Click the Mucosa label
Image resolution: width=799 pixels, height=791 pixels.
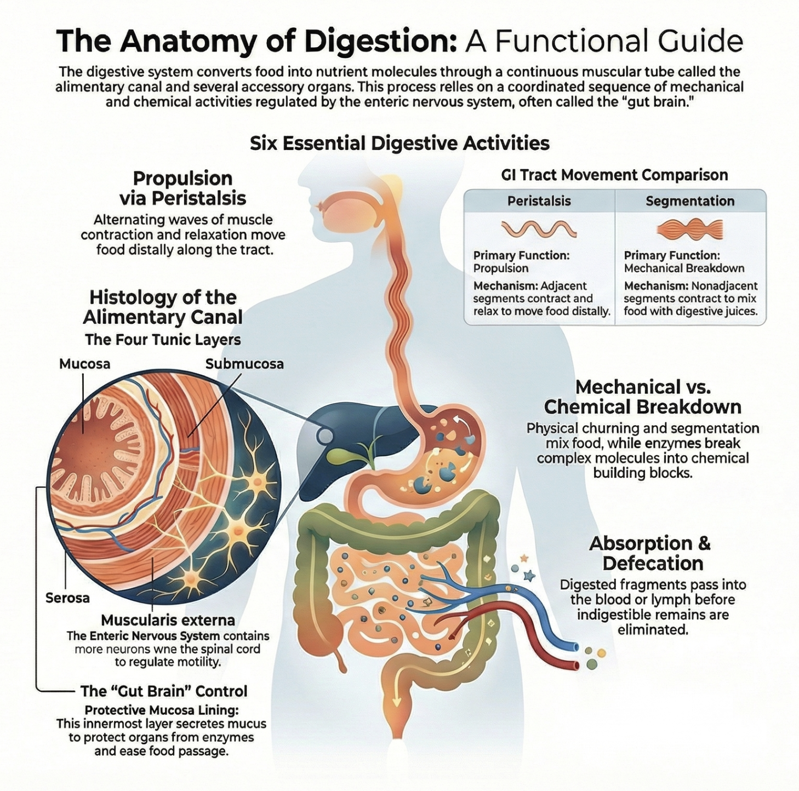pyautogui.click(x=84, y=364)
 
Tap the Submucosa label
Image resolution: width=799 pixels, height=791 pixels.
pyautogui.click(x=244, y=364)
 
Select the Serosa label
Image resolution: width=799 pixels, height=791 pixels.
pyautogui.click(x=67, y=598)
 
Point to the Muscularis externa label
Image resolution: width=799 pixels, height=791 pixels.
pyautogui.click(x=168, y=620)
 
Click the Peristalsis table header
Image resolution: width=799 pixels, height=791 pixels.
pyautogui.click(x=539, y=201)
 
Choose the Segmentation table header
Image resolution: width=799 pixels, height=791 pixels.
pyautogui.click(x=690, y=201)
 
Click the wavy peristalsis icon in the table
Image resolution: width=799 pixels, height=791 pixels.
pyautogui.click(x=539, y=229)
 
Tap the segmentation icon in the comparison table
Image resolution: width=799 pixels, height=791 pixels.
pyautogui.click(x=690, y=229)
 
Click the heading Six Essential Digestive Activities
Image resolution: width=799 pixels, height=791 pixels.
pyautogui.click(x=400, y=144)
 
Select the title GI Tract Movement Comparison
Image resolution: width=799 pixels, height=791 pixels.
pyautogui.click(x=614, y=175)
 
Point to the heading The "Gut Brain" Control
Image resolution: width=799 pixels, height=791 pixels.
pyautogui.click(x=164, y=691)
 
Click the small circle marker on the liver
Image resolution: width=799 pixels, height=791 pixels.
pyautogui.click(x=325, y=436)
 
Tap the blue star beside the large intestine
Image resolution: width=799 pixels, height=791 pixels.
pyautogui.click(x=529, y=576)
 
